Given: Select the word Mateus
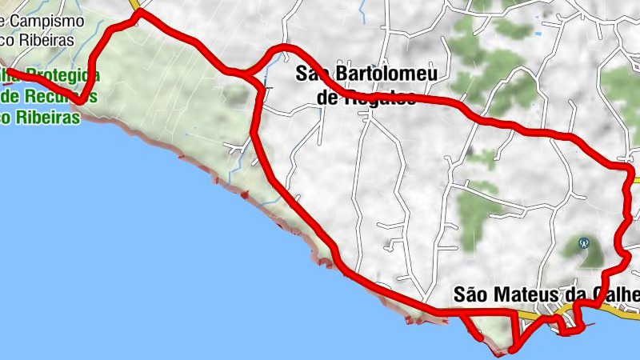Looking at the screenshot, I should click(523, 295).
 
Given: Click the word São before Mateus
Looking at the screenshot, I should click(470, 295).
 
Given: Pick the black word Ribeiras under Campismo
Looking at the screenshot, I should click(46, 39).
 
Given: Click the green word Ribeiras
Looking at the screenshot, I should click(48, 117).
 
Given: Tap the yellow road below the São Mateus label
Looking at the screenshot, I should click(528, 318).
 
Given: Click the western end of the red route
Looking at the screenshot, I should click(8, 71).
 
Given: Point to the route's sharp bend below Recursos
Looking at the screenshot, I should click(82, 102).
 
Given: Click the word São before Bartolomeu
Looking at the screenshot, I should click(313, 74).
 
